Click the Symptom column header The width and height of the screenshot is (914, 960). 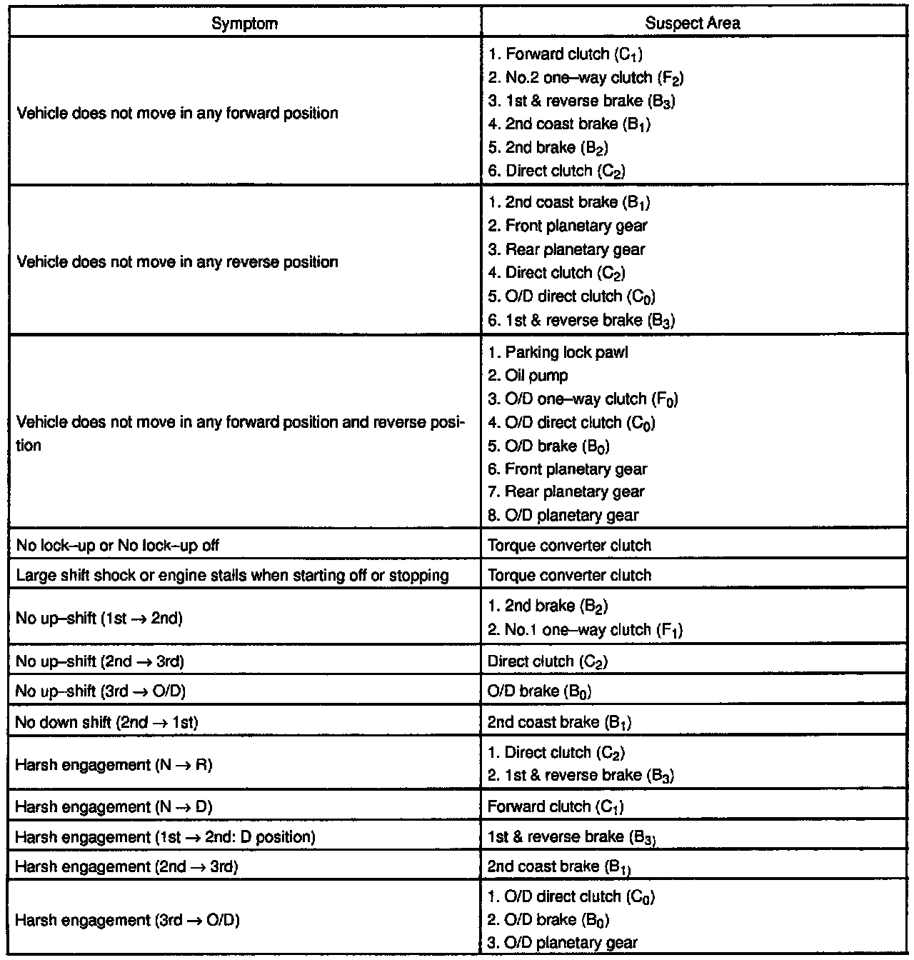pos(245,23)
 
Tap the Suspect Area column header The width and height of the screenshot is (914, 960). pos(692,23)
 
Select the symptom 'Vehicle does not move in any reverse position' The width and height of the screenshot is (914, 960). pos(176,261)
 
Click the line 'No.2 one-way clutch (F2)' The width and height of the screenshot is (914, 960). pos(588,78)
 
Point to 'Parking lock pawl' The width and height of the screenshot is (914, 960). pos(558,352)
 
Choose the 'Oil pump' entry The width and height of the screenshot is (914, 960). pos(528,376)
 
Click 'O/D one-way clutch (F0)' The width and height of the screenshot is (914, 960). pos(583,399)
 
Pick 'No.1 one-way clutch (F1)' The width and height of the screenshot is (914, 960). pos(585,630)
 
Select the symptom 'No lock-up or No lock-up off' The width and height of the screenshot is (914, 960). pos(118,546)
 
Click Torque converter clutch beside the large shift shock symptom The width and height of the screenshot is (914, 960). pos(569,576)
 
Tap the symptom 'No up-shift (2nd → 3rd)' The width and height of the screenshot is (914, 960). pos(100,662)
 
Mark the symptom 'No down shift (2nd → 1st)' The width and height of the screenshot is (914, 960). pos(106,722)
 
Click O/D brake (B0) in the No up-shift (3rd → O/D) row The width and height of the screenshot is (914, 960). pos(539,691)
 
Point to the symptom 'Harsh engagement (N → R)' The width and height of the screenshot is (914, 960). pos(114,764)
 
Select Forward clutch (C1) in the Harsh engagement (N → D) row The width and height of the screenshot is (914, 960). pos(556,807)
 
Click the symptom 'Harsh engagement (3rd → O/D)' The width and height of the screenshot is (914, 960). pos(127,920)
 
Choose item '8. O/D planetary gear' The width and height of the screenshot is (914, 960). pos(563,515)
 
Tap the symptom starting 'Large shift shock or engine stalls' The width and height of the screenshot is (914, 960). pos(232,576)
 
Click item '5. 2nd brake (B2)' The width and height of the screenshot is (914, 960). pos(548,148)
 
